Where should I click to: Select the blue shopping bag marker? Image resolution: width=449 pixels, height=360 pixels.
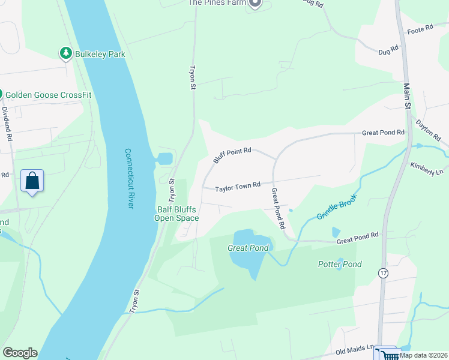tap(32, 181)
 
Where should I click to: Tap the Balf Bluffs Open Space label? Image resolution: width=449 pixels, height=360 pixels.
tap(177, 214)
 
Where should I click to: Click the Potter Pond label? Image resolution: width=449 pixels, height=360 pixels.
tap(340, 264)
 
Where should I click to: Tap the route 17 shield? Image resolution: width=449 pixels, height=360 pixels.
tap(382, 272)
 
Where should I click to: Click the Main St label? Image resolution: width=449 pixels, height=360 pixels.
tap(406, 96)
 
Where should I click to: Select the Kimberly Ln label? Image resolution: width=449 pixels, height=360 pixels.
tap(427, 168)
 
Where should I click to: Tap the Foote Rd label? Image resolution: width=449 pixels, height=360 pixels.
tap(420, 29)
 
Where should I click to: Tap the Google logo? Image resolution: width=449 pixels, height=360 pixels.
tap(20, 353)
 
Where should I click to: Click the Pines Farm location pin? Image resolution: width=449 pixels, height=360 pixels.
tap(255, 4)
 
